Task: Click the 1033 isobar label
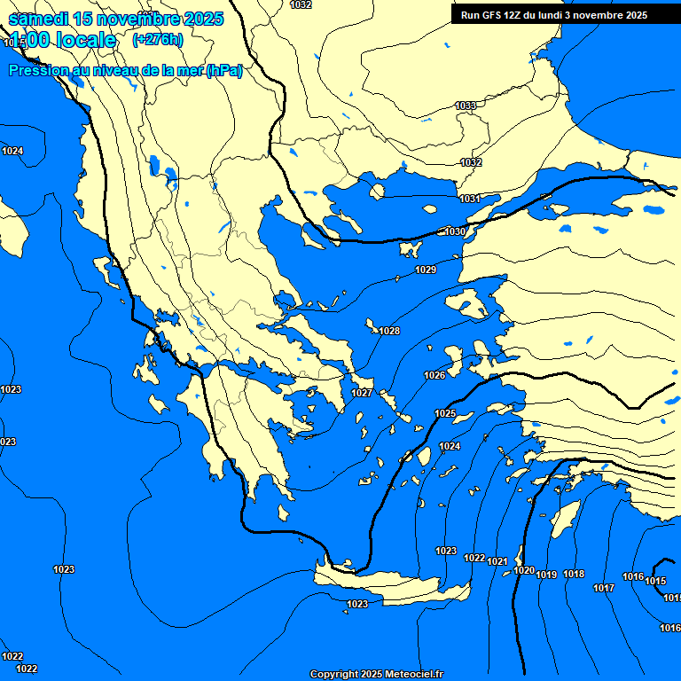click(466, 106)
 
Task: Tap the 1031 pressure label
click(470, 199)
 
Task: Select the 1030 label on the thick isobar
click(455, 231)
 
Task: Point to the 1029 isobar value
click(426, 270)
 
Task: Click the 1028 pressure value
click(389, 331)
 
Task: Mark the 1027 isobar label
click(362, 393)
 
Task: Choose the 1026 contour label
click(434, 375)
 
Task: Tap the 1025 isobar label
click(445, 414)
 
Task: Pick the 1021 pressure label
click(497, 561)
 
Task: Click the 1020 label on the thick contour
click(524, 570)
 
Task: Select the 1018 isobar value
click(574, 574)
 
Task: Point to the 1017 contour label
click(604, 588)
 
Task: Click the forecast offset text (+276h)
click(158, 39)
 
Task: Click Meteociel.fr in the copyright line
click(415, 675)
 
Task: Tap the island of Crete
click(390, 585)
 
